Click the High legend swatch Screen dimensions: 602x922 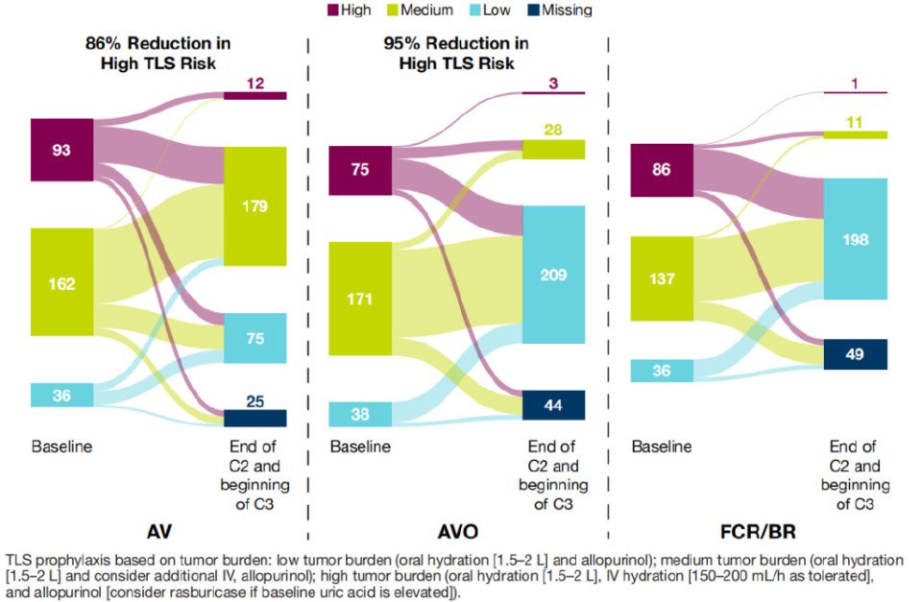(334, 11)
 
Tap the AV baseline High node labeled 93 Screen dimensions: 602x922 (61, 149)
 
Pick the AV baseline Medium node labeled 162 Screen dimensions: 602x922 (61, 284)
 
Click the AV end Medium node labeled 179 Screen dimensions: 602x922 (255, 205)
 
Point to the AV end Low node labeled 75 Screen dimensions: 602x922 (255, 338)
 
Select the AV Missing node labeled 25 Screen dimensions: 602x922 (255, 418)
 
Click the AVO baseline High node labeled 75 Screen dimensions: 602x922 (360, 170)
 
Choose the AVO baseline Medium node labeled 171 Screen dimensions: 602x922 (360, 298)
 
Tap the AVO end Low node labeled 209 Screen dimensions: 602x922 (554, 275)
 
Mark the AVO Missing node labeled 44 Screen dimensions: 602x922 (554, 405)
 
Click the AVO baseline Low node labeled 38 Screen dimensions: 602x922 (360, 414)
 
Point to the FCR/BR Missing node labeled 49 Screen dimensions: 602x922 (855, 354)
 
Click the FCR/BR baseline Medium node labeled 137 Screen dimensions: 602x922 (661, 278)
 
